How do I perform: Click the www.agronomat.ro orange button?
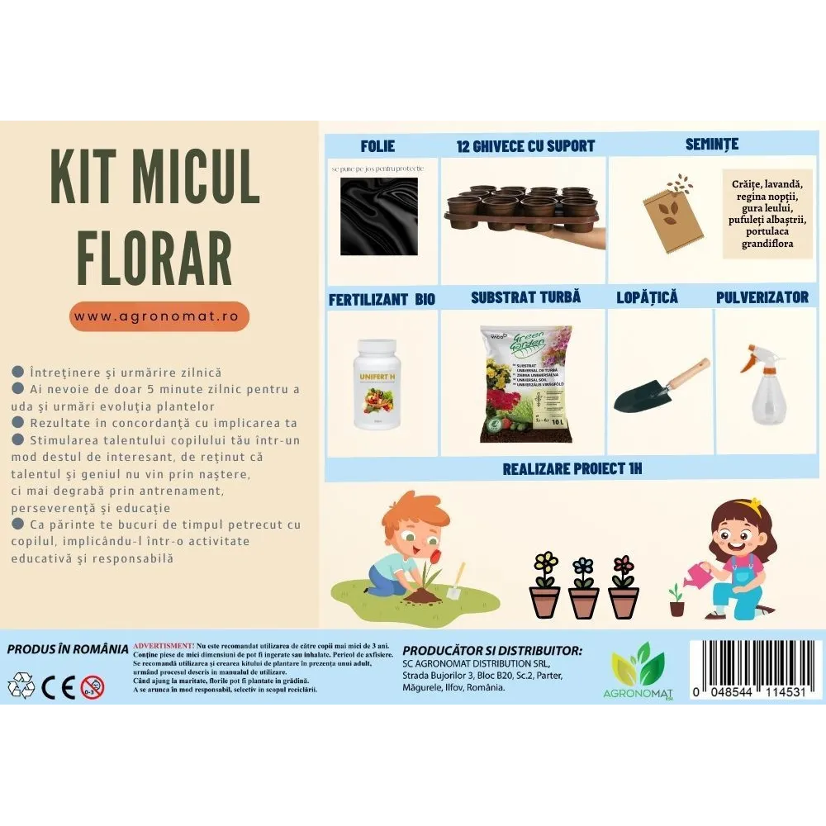click(x=159, y=316)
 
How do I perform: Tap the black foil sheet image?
click(x=379, y=216)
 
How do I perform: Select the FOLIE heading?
click(x=377, y=146)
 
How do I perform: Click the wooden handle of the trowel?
click(x=687, y=373)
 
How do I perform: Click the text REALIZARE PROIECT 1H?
click(x=572, y=469)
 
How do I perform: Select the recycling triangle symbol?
click(x=22, y=685)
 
